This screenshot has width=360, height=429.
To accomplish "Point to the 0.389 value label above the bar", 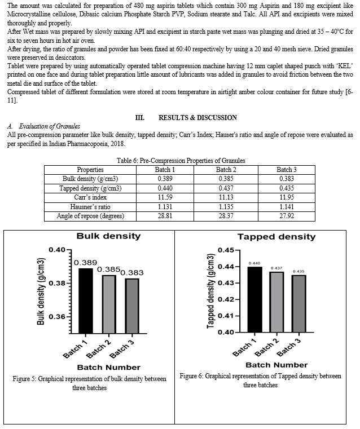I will tap(86, 263).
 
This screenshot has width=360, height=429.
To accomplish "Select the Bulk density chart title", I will tap(108, 236).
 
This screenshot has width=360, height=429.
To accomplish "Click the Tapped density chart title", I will tap(276, 236).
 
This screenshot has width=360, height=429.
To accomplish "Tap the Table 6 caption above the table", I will tap(180, 160).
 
